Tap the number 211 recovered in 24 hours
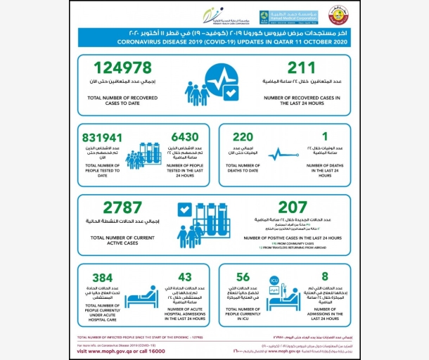tap(300, 69)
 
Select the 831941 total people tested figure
tap(105, 139)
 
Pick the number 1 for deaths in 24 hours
tap(324, 139)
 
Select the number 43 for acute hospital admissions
tap(186, 278)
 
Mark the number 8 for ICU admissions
tap(324, 278)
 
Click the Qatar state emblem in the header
tap(340, 15)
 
